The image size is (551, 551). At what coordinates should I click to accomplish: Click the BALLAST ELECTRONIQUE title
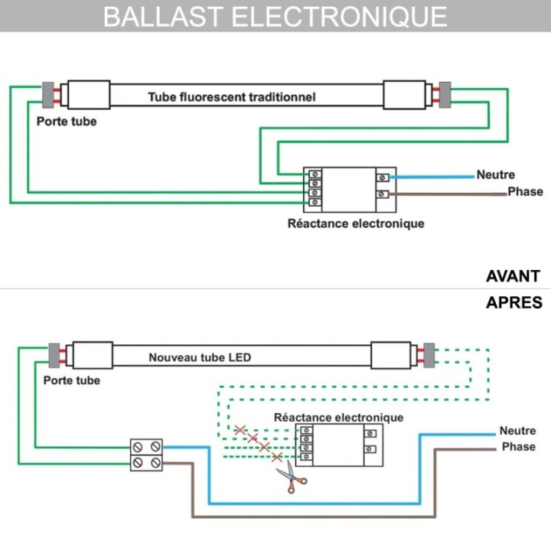point(275,16)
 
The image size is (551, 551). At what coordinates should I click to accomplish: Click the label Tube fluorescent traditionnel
point(232,97)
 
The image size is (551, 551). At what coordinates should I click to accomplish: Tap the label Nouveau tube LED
point(200,357)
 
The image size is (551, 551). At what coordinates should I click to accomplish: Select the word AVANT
point(513,276)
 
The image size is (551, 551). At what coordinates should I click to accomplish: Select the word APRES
point(514,302)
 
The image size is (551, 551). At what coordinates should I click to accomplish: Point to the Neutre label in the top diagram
point(496,175)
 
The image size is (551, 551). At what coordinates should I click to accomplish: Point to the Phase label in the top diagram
point(525,191)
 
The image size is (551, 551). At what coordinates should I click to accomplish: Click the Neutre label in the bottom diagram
point(518,431)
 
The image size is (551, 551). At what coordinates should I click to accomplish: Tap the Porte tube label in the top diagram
point(67,121)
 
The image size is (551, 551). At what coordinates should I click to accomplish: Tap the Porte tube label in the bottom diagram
point(72,380)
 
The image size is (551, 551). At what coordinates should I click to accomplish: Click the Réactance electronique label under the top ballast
point(356,223)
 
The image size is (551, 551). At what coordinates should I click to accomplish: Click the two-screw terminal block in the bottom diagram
point(146,454)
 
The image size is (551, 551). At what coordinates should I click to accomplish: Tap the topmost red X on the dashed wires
point(240,430)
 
